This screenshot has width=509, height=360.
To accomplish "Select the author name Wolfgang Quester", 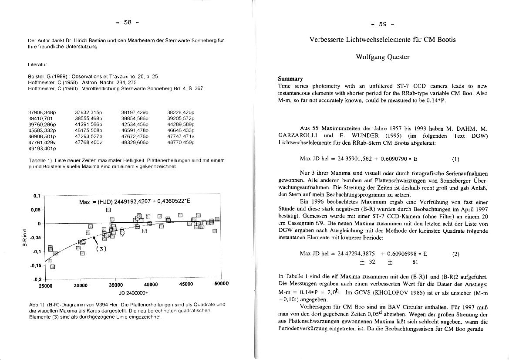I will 383,57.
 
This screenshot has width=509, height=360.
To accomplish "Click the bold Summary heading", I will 290,79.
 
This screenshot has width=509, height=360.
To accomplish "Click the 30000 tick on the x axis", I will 81,286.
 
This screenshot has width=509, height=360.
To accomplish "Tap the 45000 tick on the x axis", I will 186,286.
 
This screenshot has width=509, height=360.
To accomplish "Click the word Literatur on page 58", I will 37,65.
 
